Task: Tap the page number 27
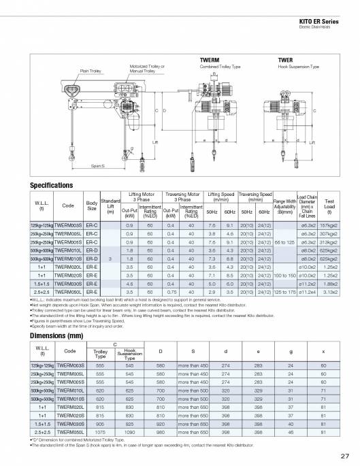tap(345, 455)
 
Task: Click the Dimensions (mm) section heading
tap(58, 335)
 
